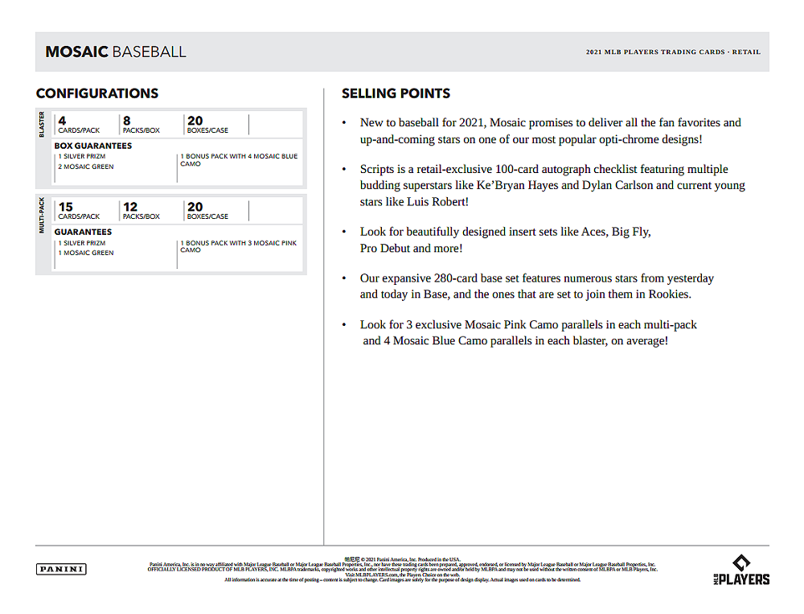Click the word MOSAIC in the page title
(x=76, y=52)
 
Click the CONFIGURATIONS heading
(x=97, y=93)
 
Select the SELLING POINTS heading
(x=396, y=93)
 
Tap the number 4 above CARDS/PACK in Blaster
(x=62, y=122)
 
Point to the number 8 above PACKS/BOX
(x=127, y=122)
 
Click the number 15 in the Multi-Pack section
(x=66, y=208)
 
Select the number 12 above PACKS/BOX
(x=130, y=208)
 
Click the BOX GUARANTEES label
(x=93, y=146)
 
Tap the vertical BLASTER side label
(x=43, y=125)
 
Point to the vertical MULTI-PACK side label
(x=43, y=215)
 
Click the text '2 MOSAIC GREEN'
(x=86, y=167)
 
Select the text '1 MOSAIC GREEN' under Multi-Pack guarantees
(x=85, y=253)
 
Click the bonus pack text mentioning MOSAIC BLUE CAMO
(x=238, y=159)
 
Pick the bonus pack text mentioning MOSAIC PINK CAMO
(x=238, y=246)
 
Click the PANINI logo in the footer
(x=61, y=569)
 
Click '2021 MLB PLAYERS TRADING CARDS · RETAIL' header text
(x=673, y=52)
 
